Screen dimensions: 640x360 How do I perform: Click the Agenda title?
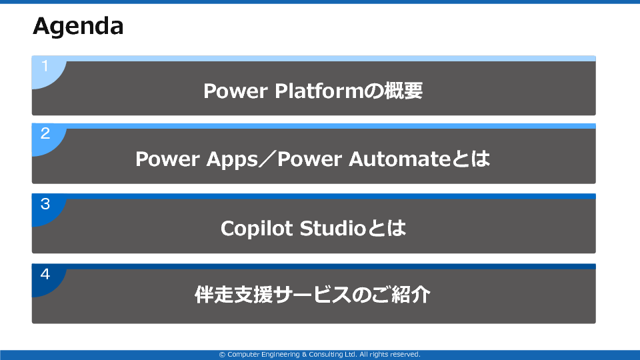78,27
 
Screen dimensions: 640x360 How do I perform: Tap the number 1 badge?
45,66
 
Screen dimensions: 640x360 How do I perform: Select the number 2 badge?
45,133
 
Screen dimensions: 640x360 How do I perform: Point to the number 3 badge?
45,204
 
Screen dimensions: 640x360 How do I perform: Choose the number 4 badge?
45,274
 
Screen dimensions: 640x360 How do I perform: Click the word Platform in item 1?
319,91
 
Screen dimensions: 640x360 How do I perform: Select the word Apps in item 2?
232,159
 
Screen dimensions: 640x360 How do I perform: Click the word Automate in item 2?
400,159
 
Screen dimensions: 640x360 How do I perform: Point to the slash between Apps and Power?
268,159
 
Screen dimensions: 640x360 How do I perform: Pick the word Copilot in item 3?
257,229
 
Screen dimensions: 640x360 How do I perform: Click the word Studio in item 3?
333,228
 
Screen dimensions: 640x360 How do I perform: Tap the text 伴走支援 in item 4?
233,295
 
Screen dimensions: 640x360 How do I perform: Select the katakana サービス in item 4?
312,295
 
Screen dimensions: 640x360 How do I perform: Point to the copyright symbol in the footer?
222,355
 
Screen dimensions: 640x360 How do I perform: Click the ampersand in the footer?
304,355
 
